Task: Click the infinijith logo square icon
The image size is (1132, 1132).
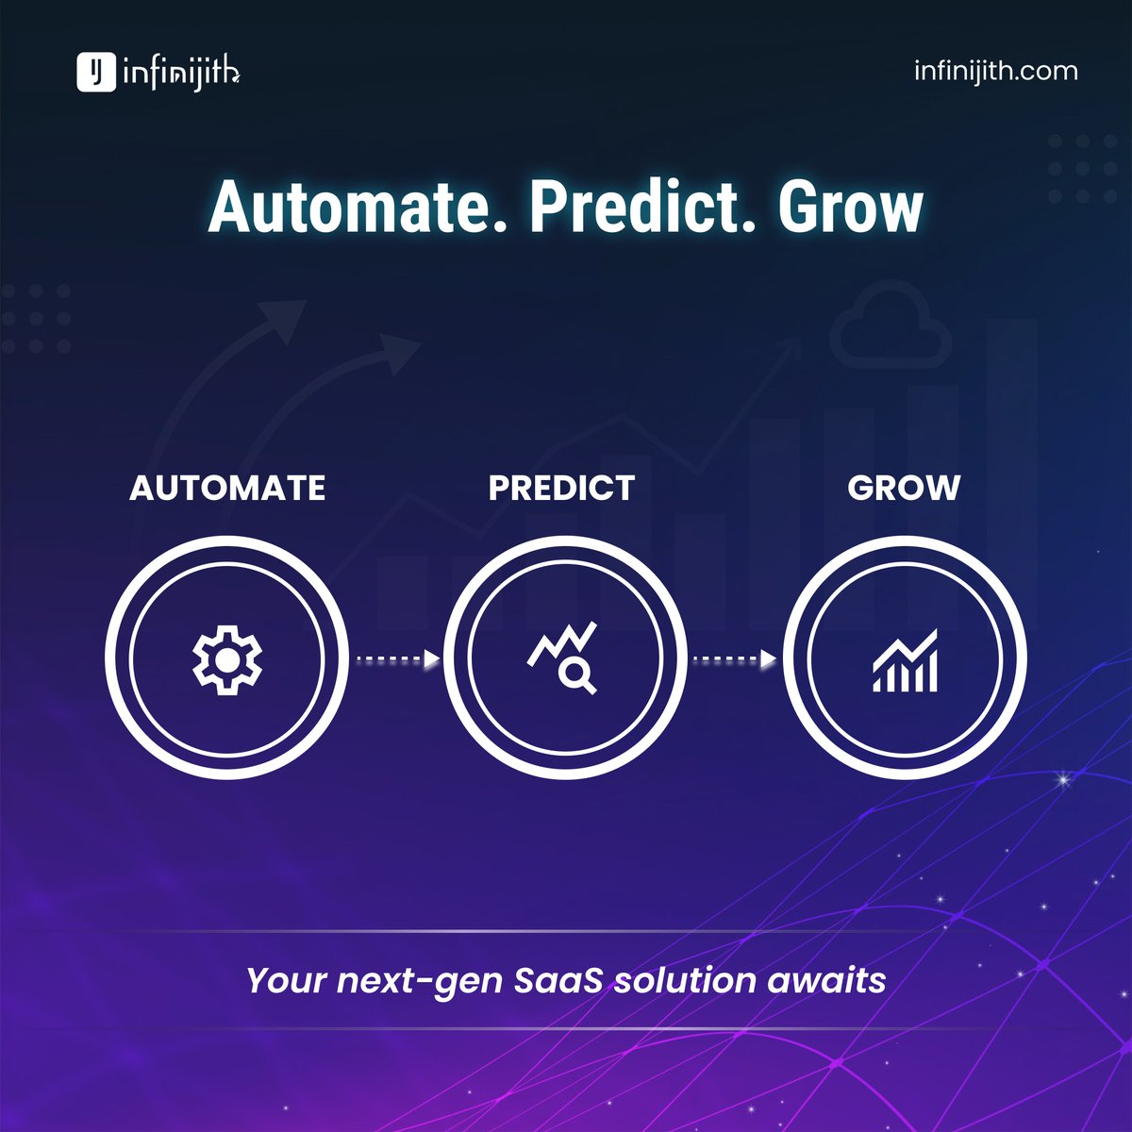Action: tap(95, 72)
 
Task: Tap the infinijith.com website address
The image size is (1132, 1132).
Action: tap(995, 71)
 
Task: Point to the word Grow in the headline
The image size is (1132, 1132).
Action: tap(850, 208)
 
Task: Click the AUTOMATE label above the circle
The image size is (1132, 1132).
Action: tap(227, 488)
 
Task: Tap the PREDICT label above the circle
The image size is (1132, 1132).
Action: tap(562, 488)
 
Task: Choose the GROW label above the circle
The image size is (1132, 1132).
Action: tap(904, 488)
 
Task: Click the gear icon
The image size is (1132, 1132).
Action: tap(226, 658)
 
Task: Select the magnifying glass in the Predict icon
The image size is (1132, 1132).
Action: tap(575, 674)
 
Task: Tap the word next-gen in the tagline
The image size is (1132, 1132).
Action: tap(421, 981)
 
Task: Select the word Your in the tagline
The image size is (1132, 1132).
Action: tap(287, 980)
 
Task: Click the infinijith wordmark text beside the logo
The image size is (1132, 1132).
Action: tap(182, 73)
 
